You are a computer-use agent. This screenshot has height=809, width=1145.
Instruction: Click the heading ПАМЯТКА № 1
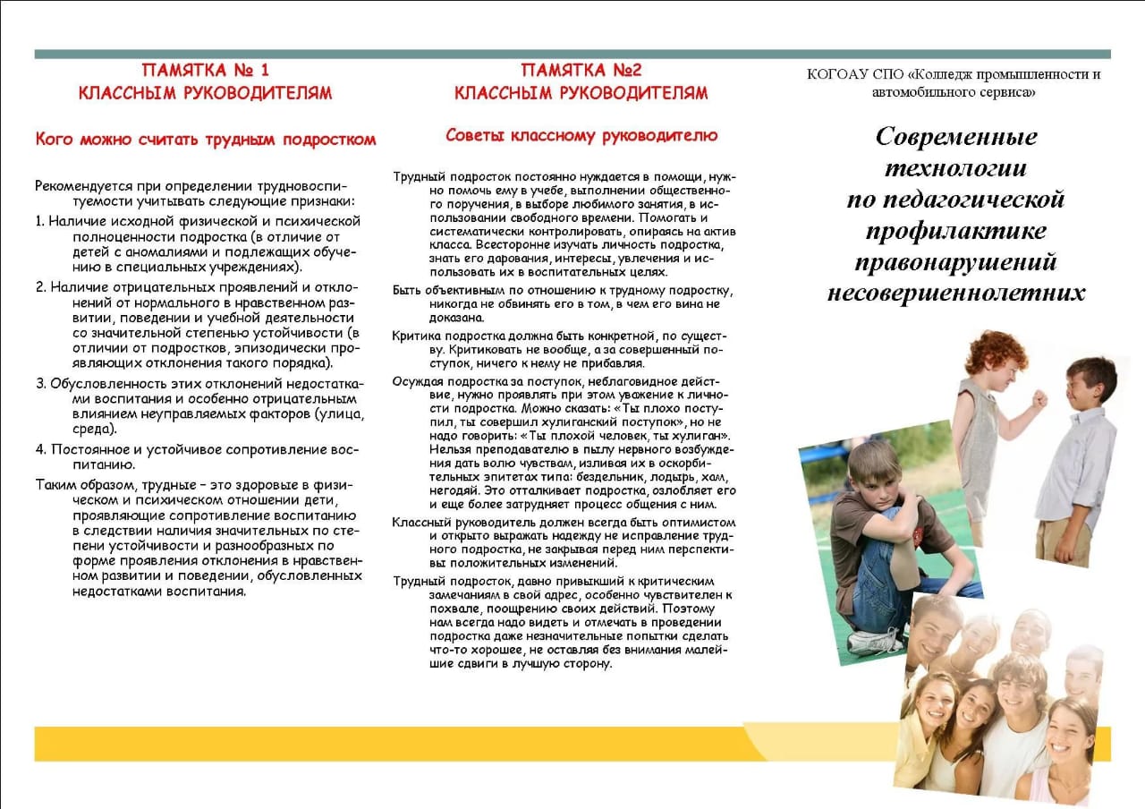point(205,70)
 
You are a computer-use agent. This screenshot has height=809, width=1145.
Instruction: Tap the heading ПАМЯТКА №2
point(581,70)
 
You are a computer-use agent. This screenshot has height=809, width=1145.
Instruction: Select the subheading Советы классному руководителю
point(581,136)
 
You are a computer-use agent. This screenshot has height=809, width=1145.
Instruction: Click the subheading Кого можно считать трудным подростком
point(205,140)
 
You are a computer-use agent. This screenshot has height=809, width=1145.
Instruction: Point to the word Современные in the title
point(955,136)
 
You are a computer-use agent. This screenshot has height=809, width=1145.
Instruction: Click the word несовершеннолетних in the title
point(955,293)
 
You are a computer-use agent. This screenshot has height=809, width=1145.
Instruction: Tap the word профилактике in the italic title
point(955,230)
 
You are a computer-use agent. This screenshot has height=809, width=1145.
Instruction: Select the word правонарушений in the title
point(955,261)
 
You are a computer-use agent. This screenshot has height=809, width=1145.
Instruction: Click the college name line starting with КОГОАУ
point(954,74)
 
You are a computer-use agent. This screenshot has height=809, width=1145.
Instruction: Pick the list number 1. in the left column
point(40,220)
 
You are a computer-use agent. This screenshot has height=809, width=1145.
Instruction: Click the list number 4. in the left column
point(41,448)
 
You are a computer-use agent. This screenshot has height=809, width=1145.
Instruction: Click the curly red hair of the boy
point(995,351)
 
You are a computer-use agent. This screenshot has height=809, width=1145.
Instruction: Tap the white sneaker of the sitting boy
point(871,641)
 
